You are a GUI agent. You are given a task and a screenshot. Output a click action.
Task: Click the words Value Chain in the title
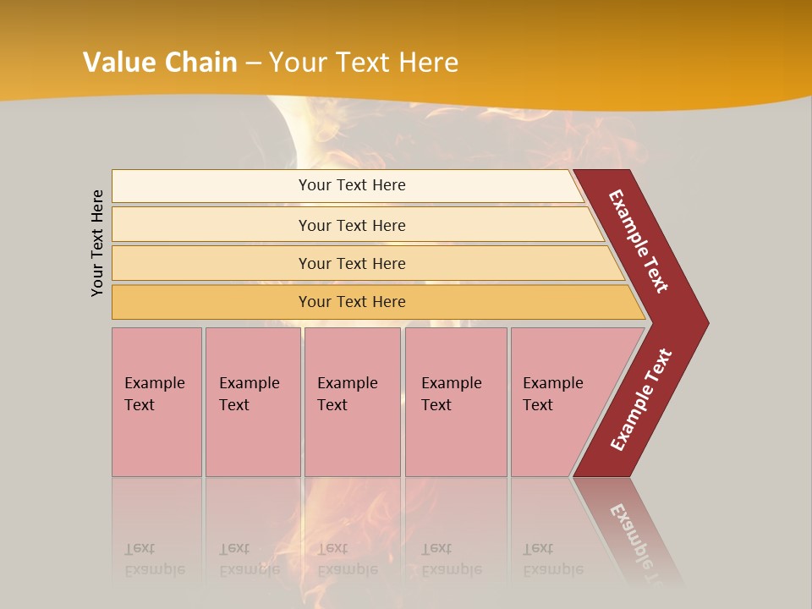click(160, 62)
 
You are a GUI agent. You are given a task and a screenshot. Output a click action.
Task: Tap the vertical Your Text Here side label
click(97, 243)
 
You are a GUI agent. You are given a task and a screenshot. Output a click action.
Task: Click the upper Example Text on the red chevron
click(639, 241)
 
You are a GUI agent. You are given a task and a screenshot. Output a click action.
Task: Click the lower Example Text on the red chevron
click(641, 399)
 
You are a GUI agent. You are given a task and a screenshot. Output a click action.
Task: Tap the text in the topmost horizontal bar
click(352, 185)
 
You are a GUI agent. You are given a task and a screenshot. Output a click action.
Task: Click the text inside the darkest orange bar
click(352, 302)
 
